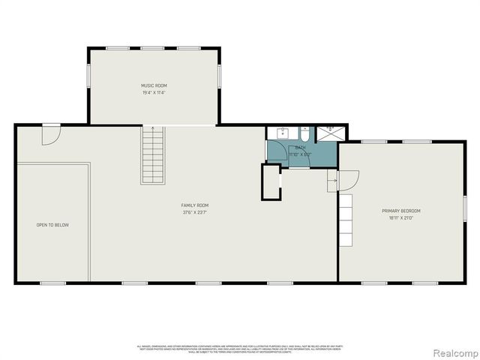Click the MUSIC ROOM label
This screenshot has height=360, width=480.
(x=154, y=85)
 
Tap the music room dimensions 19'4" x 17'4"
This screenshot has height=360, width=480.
(x=154, y=93)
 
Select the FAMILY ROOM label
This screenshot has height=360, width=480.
(x=195, y=205)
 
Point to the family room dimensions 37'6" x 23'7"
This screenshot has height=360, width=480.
(x=195, y=212)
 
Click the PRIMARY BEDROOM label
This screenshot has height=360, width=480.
(x=401, y=211)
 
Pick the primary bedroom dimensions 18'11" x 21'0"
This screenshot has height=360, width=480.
(x=401, y=218)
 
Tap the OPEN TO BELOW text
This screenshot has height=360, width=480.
(x=52, y=225)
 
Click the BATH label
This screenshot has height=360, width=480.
(x=300, y=148)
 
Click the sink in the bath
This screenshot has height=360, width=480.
(x=283, y=133)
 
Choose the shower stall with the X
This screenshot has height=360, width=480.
(x=328, y=133)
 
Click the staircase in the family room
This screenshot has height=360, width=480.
(x=153, y=155)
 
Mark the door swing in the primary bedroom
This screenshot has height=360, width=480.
(x=349, y=180)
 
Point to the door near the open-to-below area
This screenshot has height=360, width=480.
(x=50, y=135)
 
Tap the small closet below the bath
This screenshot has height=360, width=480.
(x=270, y=181)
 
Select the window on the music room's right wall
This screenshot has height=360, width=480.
(x=220, y=75)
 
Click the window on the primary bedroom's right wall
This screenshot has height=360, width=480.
(x=465, y=207)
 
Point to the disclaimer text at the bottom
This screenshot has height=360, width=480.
(x=239, y=348)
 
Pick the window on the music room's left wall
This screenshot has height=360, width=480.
(x=88, y=75)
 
